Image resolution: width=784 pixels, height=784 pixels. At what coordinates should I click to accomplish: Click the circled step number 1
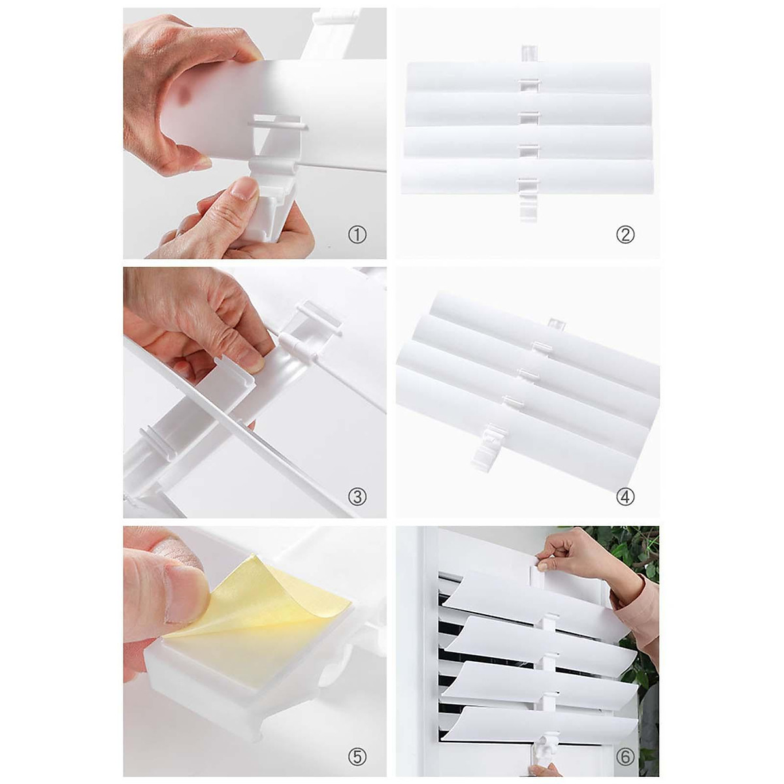tap(357, 235)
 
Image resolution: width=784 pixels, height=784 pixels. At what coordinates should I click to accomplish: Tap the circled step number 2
tap(625, 235)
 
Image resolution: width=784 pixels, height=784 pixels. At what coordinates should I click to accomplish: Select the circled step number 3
tap(357, 497)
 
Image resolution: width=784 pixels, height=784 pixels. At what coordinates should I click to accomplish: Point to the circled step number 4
tap(625, 497)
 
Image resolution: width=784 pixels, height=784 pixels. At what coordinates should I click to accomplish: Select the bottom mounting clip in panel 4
tap(489, 448)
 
